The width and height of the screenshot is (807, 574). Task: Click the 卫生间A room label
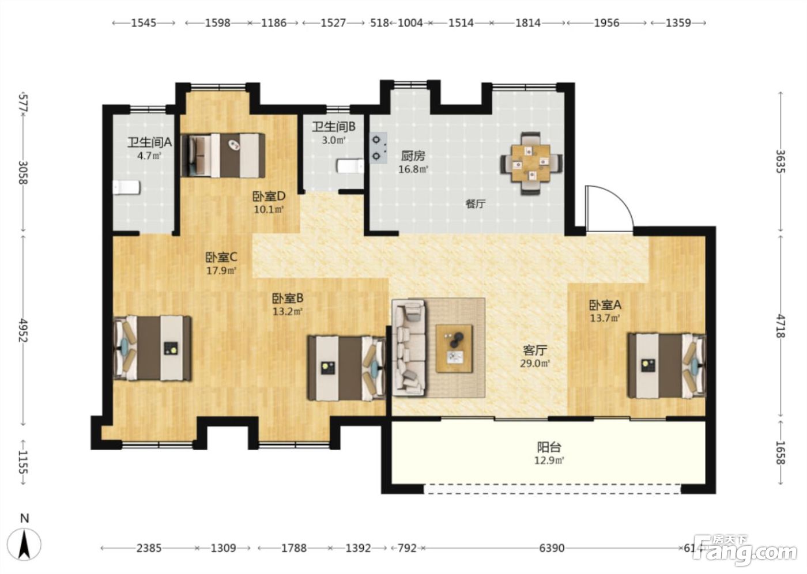149,142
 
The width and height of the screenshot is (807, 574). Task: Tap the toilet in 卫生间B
350,167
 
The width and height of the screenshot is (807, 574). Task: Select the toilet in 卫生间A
126,188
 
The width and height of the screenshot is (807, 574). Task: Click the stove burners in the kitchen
378,148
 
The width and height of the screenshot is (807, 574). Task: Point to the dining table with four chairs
531,164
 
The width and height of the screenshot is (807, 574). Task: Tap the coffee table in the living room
454,348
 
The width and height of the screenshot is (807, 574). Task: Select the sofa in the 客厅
409,348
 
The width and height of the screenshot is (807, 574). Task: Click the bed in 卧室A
667,365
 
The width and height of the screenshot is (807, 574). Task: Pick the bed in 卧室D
223,156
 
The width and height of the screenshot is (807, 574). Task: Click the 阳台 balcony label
549,447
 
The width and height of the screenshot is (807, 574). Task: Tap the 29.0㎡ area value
535,363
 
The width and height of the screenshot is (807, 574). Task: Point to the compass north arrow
24,544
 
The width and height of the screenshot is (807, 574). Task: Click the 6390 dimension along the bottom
552,549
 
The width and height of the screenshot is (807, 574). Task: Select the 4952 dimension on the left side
24,330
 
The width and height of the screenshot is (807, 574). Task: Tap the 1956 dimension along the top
606,23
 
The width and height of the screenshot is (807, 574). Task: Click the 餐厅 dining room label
476,204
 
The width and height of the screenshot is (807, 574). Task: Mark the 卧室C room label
221,257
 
